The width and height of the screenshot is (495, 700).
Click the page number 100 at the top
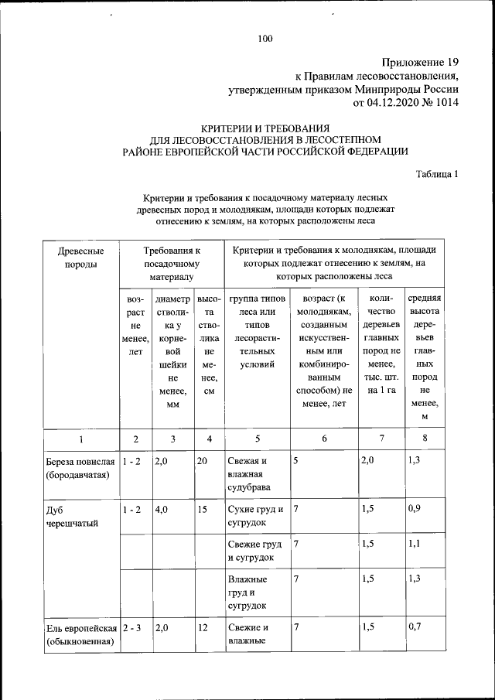pos(265,39)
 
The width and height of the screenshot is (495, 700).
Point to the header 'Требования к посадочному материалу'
pos(172,263)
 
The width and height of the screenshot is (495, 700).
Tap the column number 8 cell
pos(425,439)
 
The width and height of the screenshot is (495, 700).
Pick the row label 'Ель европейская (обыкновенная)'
pos(81,634)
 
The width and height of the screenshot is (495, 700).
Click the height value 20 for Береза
pos(203,462)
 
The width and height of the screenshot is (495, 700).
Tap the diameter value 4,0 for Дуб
pos(162,510)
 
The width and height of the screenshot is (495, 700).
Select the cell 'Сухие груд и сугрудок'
pos(255,516)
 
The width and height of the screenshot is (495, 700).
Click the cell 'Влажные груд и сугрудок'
pos(247,592)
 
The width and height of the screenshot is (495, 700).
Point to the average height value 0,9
pos(415,510)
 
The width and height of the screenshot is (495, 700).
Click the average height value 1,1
pos(415,545)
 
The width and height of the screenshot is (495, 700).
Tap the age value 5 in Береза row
pos(296,462)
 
